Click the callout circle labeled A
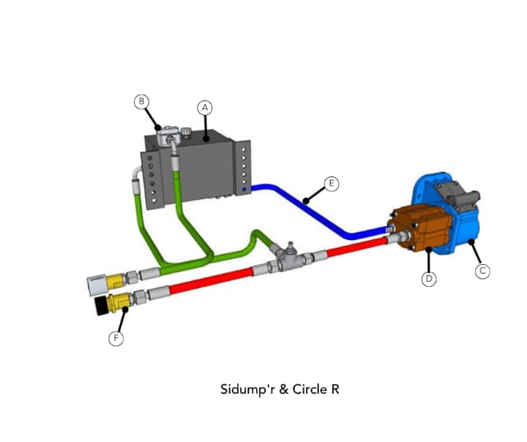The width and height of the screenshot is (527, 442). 205,108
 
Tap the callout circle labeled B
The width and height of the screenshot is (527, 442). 141,102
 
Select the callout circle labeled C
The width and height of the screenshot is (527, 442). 482,271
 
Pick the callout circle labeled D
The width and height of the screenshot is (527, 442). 429,279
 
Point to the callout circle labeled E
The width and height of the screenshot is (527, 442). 332,184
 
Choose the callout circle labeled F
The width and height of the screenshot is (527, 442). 116,338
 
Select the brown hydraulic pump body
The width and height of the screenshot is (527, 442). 420,228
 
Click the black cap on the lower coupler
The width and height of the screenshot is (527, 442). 101,306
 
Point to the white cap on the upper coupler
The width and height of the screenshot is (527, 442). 97,285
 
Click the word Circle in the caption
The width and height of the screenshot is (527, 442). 309,389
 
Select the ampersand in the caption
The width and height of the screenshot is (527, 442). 283,389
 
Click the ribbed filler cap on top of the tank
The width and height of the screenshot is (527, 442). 186,131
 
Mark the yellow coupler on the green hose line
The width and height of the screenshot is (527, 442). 116,281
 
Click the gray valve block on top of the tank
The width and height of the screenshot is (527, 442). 167,135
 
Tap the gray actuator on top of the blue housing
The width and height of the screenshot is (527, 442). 457,194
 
